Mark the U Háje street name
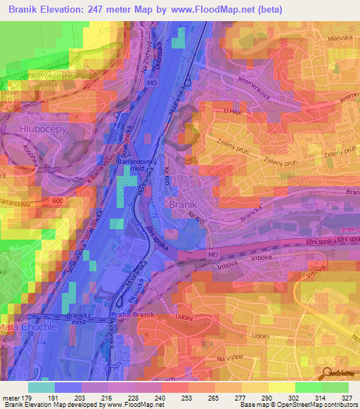click(x=233, y=112)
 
